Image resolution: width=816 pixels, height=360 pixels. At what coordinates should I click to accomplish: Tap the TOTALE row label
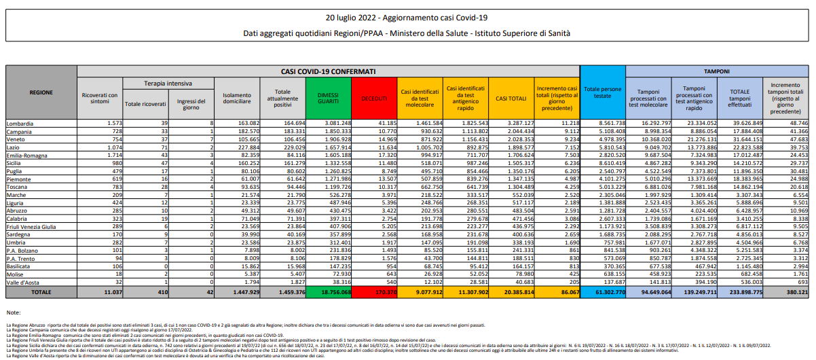click(x=41, y=292)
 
